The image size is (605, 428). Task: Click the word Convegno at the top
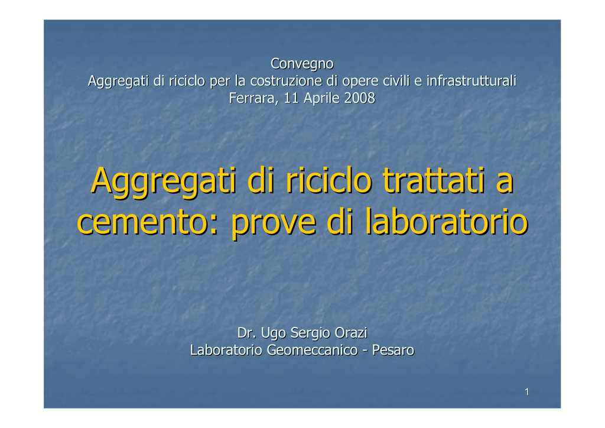click(302, 64)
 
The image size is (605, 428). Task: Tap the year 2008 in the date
click(360, 98)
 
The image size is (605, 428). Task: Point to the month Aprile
click(321, 98)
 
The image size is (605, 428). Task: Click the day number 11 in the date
click(291, 98)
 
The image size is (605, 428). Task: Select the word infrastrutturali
click(471, 80)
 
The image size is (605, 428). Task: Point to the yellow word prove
click(274, 225)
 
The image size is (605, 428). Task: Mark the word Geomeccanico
click(312, 350)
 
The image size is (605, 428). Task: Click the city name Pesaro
click(393, 350)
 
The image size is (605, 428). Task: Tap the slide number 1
click(526, 392)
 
